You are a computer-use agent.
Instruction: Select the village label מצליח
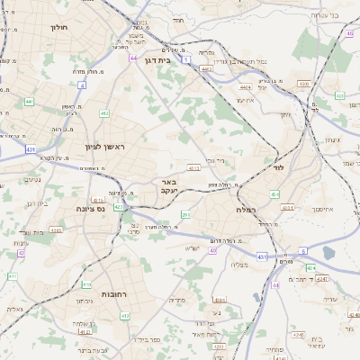pyautogui.click(x=238, y=264)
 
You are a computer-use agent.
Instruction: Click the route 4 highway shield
pyautogui.click(x=82, y=85)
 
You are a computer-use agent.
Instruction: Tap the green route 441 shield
pyautogui.click(x=29, y=102)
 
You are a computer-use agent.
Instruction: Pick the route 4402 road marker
pyautogui.click(x=206, y=67)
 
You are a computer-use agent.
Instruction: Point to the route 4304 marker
pyautogui.click(x=303, y=84)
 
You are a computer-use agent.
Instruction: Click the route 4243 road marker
pyautogui.click(x=56, y=229)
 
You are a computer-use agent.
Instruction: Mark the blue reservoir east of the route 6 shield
pyautogui.click(x=329, y=253)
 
